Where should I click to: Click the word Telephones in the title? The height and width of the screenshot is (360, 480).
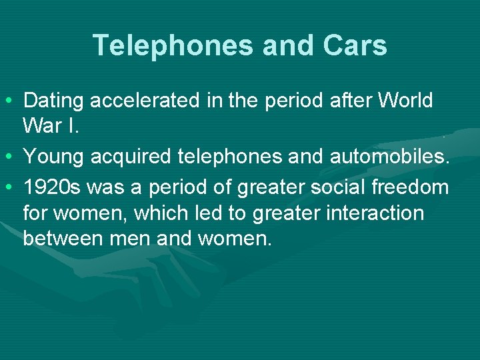[x=173, y=45]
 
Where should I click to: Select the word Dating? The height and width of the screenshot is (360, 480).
[x=54, y=101]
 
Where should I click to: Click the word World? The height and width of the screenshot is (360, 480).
[x=405, y=101]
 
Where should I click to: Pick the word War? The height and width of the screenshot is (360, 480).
[x=42, y=125]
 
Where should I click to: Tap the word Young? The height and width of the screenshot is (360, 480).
[x=53, y=157]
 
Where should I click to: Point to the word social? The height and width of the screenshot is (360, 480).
[x=329, y=187]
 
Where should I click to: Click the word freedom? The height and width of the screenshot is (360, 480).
[x=411, y=187]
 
